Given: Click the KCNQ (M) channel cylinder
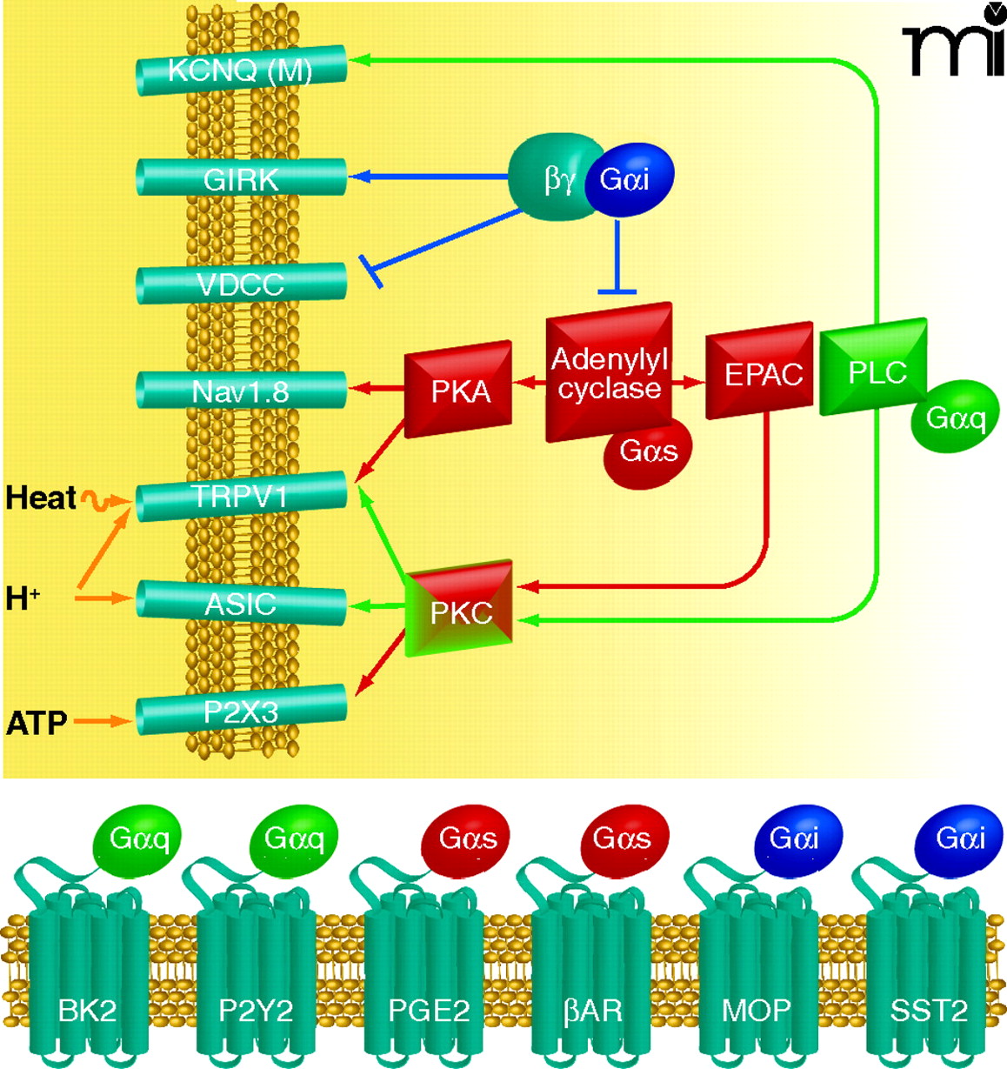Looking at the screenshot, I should pyautogui.click(x=241, y=70).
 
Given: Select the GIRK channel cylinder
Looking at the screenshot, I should pyautogui.click(x=241, y=178).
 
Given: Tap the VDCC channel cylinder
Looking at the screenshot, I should pyautogui.click(x=241, y=284).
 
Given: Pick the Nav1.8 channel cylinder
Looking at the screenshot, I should pyautogui.click(x=241, y=391).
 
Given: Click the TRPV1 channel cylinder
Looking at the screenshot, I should pyautogui.click(x=241, y=497).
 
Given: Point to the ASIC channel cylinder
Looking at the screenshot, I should pyautogui.click(x=241, y=604).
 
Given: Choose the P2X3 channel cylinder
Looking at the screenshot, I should pyautogui.click(x=241, y=712).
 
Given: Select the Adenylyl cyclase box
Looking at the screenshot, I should pyautogui.click(x=609, y=371).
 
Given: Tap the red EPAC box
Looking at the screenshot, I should pyautogui.click(x=758, y=372).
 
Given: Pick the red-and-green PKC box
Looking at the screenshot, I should pyautogui.click(x=460, y=610).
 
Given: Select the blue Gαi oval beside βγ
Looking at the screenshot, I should pyautogui.click(x=625, y=178).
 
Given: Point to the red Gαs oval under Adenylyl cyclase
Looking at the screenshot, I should pyautogui.click(x=649, y=451).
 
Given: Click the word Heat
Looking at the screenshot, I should pyautogui.click(x=41, y=498).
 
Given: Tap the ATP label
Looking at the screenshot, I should pyautogui.click(x=37, y=723).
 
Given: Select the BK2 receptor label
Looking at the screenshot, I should pyautogui.click(x=87, y=1010).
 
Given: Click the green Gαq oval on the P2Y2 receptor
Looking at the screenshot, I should pyautogui.click(x=294, y=838).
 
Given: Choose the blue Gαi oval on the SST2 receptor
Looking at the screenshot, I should pyautogui.click(x=960, y=838).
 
